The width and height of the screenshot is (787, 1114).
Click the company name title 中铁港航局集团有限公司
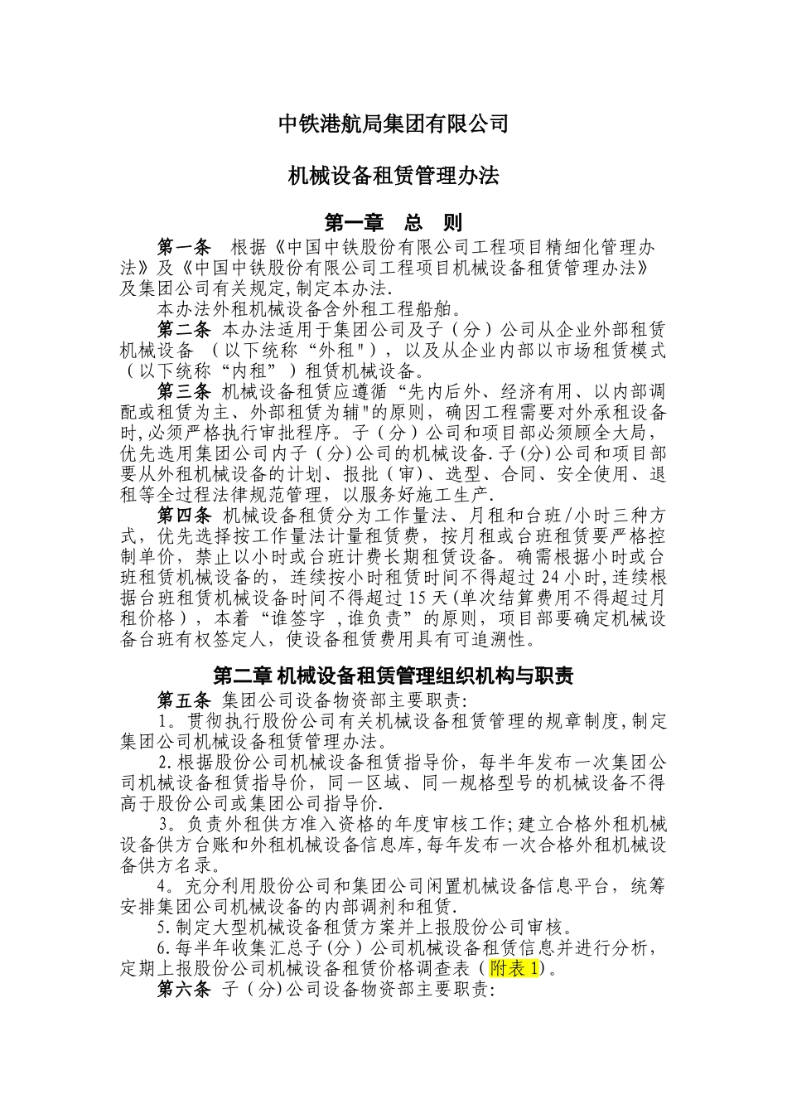click(x=393, y=124)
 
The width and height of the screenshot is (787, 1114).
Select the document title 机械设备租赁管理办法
click(x=393, y=176)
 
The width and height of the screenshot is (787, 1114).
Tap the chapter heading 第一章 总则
click(x=393, y=222)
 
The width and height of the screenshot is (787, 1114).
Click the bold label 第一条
click(x=185, y=247)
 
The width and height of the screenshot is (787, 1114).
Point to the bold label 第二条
click(x=185, y=330)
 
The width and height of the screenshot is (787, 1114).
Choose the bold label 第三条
click(x=185, y=391)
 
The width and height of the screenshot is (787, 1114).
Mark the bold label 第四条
click(x=185, y=516)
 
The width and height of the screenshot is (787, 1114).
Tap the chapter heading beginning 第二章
click(x=393, y=676)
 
